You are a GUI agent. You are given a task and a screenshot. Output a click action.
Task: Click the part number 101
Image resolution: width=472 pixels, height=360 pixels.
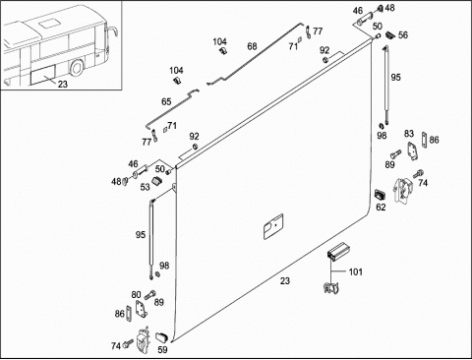(355, 271)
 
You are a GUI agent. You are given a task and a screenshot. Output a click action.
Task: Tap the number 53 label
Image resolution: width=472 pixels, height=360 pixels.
(145, 187)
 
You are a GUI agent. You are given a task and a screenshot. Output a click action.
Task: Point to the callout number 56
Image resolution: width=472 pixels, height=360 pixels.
(403, 35)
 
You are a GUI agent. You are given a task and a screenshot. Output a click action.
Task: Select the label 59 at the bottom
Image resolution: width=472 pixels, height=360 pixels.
(162, 350)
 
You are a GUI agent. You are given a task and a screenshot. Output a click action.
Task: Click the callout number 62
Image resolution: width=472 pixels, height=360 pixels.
(381, 208)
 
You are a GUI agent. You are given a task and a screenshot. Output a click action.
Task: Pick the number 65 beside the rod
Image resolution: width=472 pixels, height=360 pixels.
(166, 101)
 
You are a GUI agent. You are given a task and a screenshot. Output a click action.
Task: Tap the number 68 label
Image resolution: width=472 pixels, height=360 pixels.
(252, 46)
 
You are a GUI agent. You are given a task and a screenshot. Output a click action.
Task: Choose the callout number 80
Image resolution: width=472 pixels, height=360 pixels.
(136, 295)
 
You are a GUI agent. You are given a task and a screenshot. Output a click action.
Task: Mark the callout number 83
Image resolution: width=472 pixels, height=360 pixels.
(409, 134)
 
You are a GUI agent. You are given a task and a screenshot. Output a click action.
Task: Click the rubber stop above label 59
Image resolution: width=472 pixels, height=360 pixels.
(161, 336)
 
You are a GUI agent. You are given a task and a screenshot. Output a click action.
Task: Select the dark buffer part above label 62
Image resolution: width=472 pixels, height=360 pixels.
(380, 195)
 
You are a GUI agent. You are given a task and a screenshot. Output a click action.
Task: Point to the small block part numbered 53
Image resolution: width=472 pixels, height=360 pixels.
(157, 181)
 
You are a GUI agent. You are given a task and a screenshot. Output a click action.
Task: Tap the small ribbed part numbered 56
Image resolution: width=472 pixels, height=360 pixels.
(389, 34)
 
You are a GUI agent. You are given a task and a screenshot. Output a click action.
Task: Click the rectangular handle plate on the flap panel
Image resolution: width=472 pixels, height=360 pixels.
(273, 226)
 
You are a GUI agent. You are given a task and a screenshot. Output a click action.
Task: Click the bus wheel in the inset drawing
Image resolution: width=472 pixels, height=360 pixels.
(78, 68)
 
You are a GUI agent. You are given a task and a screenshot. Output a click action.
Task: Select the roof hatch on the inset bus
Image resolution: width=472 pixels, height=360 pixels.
(47, 24)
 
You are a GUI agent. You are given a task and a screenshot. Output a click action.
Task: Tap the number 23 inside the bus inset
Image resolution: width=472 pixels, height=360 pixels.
(62, 85)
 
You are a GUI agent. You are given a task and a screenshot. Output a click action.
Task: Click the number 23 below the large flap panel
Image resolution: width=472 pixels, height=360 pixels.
(285, 281)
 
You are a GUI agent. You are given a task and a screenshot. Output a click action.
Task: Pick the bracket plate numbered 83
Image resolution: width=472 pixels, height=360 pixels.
(412, 150)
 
